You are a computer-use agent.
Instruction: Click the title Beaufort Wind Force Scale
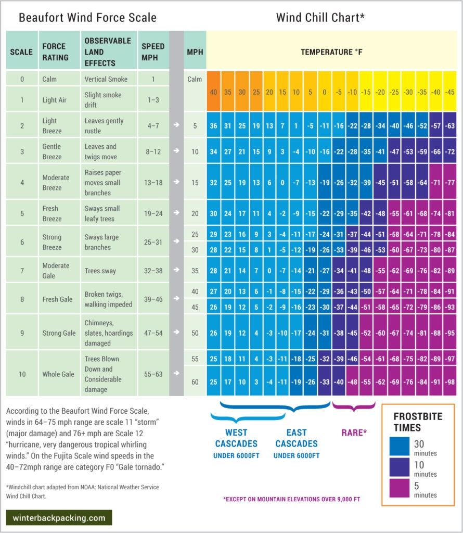[x=87, y=18]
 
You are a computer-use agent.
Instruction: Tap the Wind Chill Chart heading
[x=320, y=18]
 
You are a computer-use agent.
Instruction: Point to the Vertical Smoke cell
[x=107, y=79]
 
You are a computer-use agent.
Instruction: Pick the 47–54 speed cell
[x=153, y=333]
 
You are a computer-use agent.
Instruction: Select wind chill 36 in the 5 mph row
[x=214, y=126]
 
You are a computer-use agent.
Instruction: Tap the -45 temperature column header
[x=450, y=92]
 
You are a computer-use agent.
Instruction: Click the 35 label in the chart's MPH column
[x=195, y=271]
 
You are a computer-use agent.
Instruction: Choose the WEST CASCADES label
[x=236, y=438]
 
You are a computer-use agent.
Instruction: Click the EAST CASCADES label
[x=297, y=438]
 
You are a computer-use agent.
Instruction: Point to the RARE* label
[x=354, y=433]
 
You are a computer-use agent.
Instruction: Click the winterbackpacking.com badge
[x=59, y=518]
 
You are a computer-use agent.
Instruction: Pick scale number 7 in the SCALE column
[x=22, y=271]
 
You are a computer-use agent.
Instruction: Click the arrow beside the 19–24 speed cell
[x=177, y=213]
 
